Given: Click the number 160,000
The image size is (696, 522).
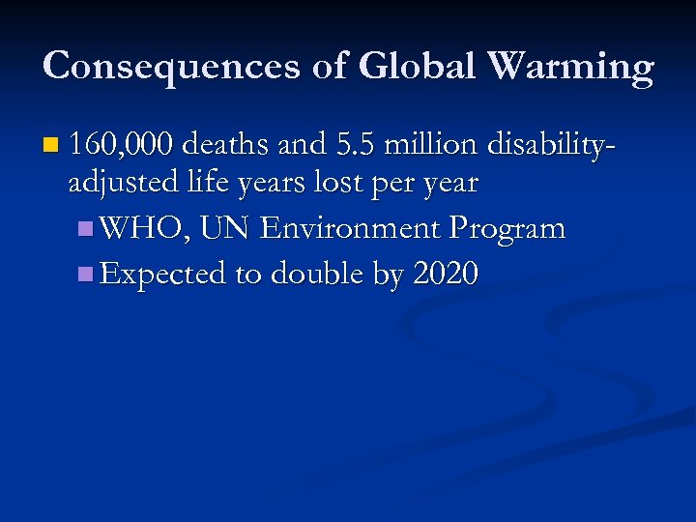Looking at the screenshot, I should coord(122,146).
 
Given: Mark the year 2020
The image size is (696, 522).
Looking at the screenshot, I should coord(445,275).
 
